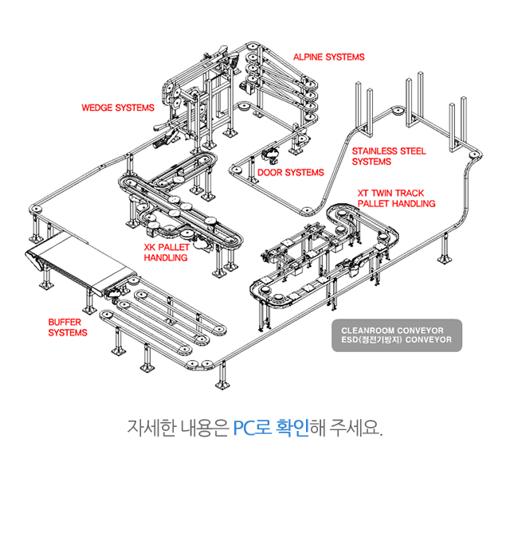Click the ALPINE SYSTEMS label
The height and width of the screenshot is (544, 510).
click(328, 57)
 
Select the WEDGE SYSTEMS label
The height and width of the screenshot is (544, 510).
click(118, 108)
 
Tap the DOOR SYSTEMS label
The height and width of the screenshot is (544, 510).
click(290, 172)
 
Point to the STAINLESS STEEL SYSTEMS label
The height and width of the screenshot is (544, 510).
click(389, 156)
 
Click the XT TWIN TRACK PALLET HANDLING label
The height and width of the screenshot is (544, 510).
click(396, 198)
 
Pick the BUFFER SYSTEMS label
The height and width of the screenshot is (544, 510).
click(68, 327)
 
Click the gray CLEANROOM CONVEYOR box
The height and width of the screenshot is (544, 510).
click(396, 335)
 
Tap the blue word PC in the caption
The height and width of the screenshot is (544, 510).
click(244, 428)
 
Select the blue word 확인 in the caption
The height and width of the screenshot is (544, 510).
click(292, 428)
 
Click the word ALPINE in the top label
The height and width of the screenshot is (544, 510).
click(308, 57)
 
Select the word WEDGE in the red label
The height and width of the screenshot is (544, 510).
click(98, 108)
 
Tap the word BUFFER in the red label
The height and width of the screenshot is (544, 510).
click(65, 322)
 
